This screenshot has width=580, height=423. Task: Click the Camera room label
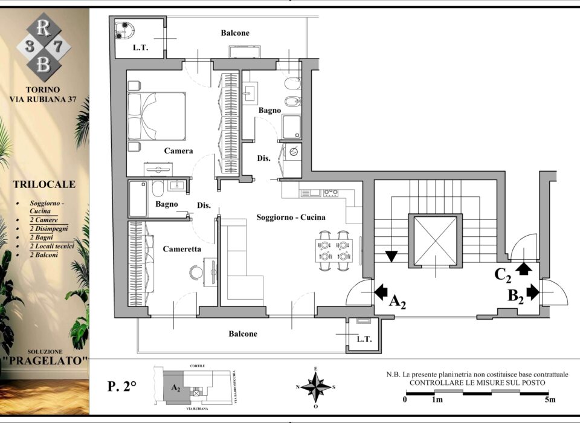178,150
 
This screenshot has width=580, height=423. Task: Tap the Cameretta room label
182,249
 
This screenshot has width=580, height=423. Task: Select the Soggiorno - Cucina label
291,217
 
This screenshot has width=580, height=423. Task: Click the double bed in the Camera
156,116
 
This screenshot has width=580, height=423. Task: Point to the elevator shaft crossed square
436,241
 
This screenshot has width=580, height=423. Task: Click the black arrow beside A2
381,292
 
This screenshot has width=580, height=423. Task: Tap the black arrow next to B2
533,292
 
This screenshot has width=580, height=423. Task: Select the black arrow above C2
523,269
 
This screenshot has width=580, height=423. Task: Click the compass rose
315,387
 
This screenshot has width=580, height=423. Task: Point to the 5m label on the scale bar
550,399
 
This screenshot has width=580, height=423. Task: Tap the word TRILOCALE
44,184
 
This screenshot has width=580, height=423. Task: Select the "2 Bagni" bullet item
42,237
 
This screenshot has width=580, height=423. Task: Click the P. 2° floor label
122,386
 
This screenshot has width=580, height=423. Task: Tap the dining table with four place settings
334,251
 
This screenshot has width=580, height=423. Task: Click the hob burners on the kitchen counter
330,192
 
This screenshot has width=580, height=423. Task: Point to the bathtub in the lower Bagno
138,199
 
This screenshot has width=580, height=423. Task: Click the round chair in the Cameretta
196,273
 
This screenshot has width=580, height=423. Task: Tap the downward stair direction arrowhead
391,256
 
